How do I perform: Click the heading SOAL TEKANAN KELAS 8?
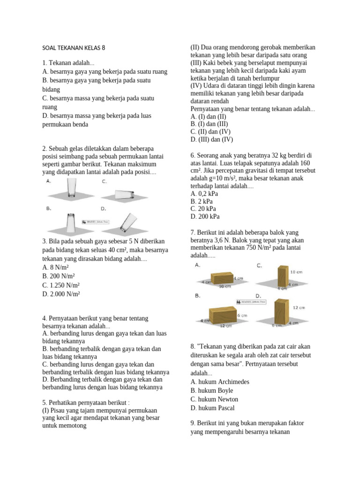74,48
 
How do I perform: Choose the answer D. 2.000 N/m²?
61,294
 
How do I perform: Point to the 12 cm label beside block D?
299,307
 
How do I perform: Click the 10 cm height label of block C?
296,272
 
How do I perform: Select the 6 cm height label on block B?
242,315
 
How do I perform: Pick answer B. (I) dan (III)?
210,124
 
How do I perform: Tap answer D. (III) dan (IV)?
211,139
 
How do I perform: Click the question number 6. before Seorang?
193,155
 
